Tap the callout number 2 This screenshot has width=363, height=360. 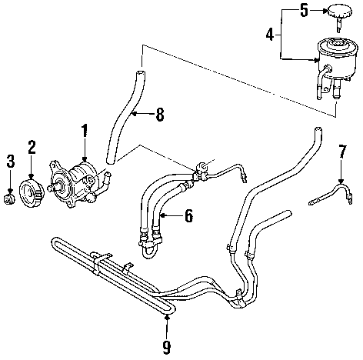[32, 147]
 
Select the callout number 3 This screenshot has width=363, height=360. [10, 161]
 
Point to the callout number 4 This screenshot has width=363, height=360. [270, 35]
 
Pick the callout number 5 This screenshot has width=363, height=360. [304, 11]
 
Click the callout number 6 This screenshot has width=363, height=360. [188, 215]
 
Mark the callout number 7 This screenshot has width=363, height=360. [342, 152]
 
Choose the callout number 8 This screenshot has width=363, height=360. [160, 114]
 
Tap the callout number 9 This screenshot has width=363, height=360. [167, 347]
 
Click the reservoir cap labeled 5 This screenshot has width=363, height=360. [338, 16]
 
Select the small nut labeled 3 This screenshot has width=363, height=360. [9, 199]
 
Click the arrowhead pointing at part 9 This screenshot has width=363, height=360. [167, 318]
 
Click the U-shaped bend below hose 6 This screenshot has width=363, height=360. [149, 252]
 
